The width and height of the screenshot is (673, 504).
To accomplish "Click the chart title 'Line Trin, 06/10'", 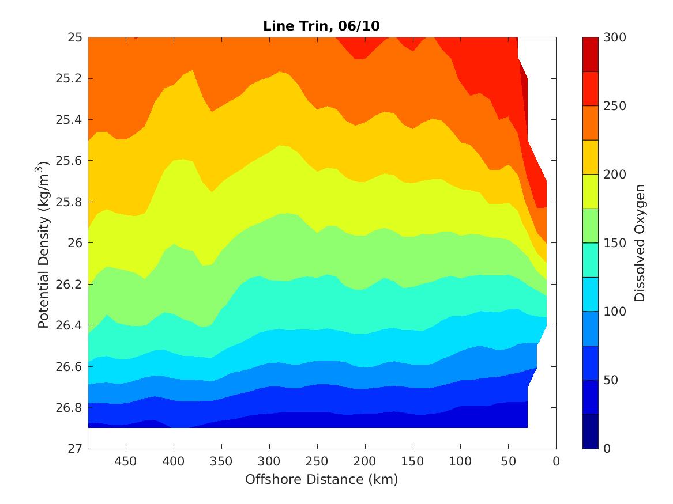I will [x=322, y=26].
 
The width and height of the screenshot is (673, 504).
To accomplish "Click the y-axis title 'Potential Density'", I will [x=44, y=244].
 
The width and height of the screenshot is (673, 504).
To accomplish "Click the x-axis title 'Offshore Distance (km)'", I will [x=321, y=479].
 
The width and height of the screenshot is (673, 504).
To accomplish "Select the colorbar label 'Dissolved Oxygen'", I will [x=640, y=243].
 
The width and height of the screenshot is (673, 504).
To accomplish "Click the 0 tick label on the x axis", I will [x=556, y=462].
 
